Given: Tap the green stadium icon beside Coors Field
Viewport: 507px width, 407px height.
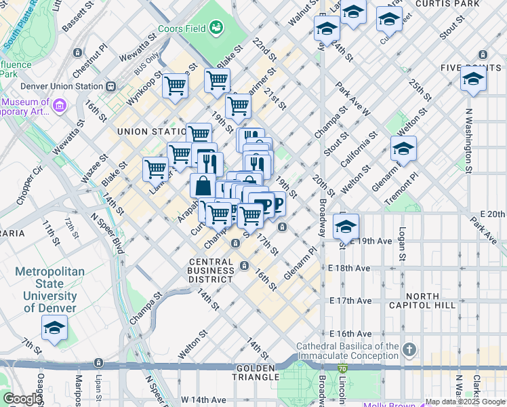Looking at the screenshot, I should point(216,28).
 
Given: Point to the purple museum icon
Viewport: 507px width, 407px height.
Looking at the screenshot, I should point(59,106).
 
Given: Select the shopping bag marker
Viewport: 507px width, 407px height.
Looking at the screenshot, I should point(203,185).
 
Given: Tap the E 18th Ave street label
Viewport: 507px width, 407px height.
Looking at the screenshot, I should point(350,268).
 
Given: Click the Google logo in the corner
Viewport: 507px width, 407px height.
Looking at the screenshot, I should point(22,399).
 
